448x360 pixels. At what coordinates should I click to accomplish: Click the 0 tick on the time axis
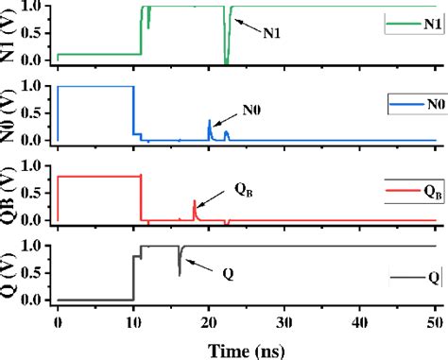58,322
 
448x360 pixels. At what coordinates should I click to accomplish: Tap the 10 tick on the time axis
133,322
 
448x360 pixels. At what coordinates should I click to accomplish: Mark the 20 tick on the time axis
209,322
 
